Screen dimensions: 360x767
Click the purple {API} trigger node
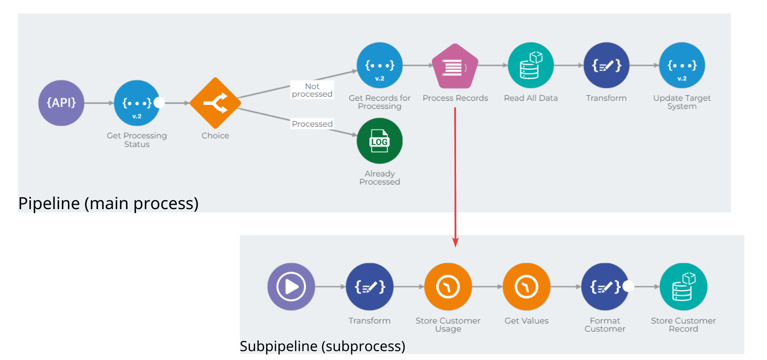(61, 103)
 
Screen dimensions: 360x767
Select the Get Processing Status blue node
(137, 103)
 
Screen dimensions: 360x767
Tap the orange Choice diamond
(215, 103)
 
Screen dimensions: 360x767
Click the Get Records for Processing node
(379, 65)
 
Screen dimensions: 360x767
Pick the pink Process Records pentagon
(455, 67)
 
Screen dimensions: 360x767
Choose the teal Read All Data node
(530, 65)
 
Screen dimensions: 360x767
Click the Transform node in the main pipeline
(606, 65)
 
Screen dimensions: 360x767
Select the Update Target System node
(682, 65)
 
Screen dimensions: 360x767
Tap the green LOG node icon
(379, 141)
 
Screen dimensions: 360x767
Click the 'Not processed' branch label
(312, 90)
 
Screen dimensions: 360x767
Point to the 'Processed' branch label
(312, 124)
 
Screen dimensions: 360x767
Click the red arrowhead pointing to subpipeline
(455, 243)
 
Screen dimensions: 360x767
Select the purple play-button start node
(291, 287)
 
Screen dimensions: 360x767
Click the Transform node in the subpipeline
(370, 287)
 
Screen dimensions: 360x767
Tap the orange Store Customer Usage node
(448, 287)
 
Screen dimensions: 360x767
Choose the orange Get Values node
(526, 287)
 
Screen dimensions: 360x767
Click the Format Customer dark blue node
(605, 287)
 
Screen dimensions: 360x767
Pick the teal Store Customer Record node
(683, 287)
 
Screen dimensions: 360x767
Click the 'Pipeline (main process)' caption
(108, 203)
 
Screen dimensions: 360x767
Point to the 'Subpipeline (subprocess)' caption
(322, 346)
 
